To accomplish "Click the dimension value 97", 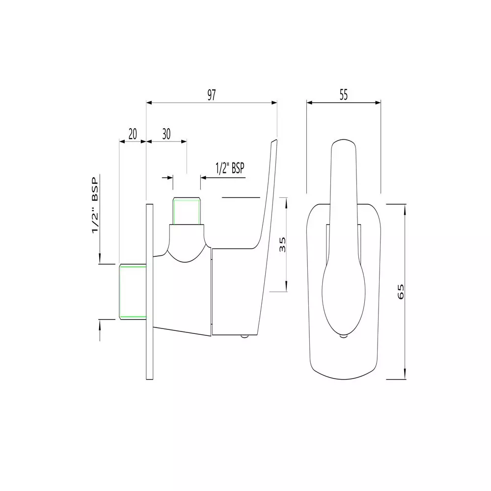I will [211, 95].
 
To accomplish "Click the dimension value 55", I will [343, 95].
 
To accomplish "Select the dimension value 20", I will [133, 134].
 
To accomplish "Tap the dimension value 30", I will [166, 134].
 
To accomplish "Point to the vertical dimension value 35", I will [282, 244].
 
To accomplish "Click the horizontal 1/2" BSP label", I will [230, 168].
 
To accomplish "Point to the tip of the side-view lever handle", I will [274, 141].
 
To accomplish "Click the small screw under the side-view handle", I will [244, 336].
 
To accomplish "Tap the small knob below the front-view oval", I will [344, 336].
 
